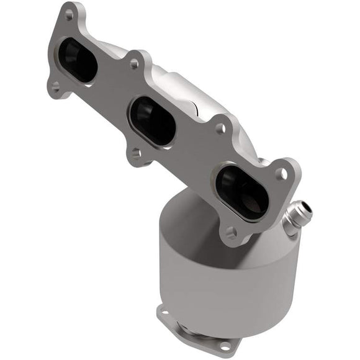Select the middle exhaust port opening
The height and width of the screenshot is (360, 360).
point(153,120)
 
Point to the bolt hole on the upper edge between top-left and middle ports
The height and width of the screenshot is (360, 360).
point(133,63)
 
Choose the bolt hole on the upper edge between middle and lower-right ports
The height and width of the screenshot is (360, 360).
point(219,128)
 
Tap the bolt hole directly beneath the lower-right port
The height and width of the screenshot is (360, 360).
point(231,233)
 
